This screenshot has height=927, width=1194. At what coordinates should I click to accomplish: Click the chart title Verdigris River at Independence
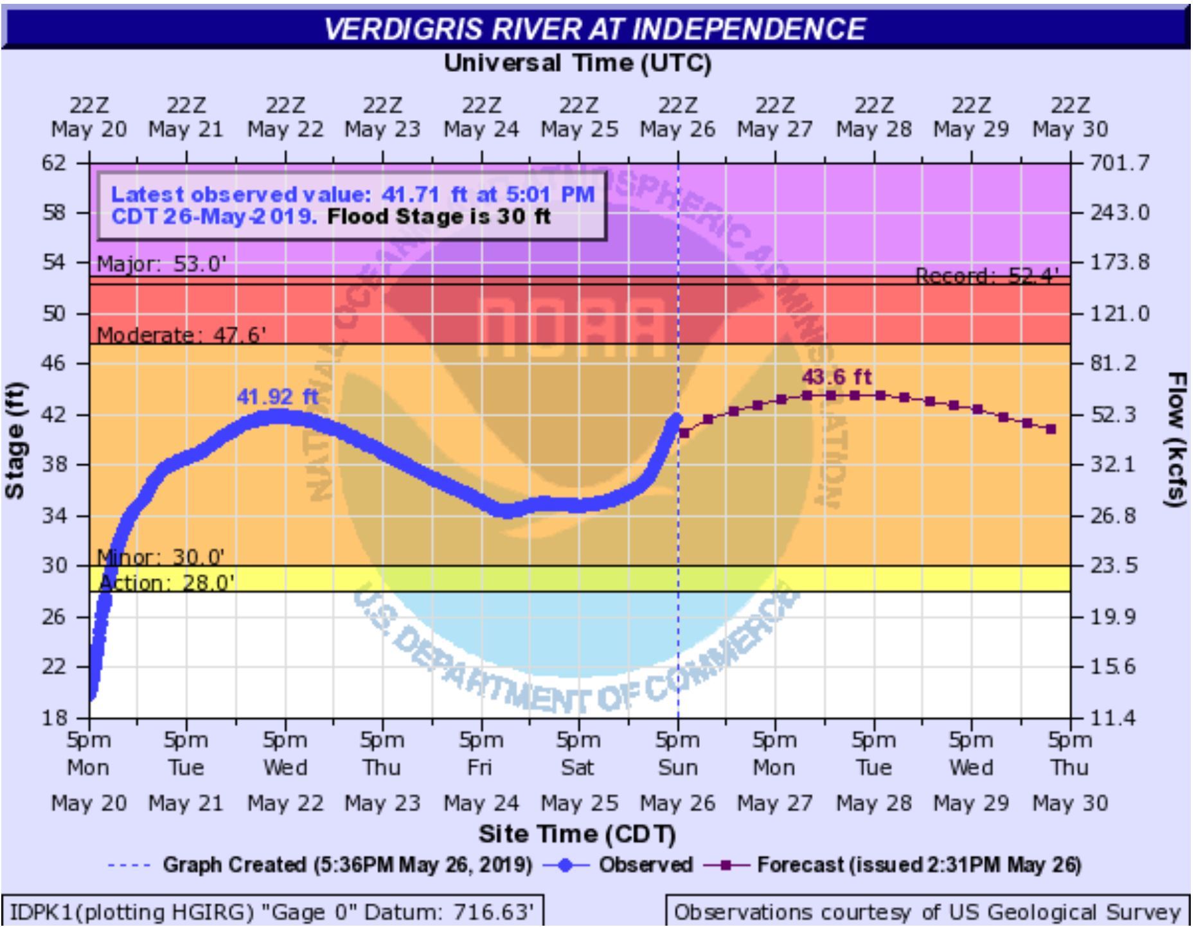pyautogui.click(x=594, y=28)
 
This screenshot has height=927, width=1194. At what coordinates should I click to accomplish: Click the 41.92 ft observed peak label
pyautogui.click(x=278, y=396)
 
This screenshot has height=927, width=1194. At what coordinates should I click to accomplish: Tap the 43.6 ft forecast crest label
pyautogui.click(x=837, y=376)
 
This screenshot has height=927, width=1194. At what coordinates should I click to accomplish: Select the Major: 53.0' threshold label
pyautogui.click(x=162, y=264)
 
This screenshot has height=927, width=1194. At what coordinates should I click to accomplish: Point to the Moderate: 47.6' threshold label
pyautogui.click(x=181, y=335)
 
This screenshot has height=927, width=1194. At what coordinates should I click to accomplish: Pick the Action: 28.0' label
pyautogui.click(x=167, y=583)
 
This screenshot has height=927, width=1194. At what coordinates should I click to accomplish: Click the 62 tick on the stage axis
pyautogui.click(x=54, y=163)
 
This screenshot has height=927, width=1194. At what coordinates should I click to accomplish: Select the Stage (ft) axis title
pyautogui.click(x=15, y=441)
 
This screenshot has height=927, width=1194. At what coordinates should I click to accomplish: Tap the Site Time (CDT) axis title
pyautogui.click(x=577, y=834)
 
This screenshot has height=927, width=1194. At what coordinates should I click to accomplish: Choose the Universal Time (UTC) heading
pyautogui.click(x=577, y=63)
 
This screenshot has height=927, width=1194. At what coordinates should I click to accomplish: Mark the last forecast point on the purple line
pyautogui.click(x=1051, y=429)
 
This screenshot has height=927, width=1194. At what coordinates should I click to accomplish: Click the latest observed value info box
pyautogui.click(x=352, y=205)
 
